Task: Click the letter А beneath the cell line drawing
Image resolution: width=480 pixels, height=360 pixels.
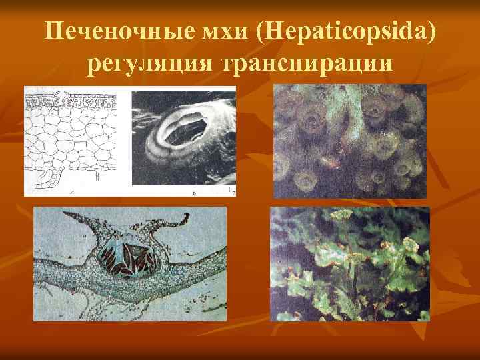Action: point(71,192)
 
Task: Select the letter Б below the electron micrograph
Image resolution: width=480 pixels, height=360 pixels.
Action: point(193,192)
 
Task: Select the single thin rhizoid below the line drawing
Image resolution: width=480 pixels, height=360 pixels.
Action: point(98,175)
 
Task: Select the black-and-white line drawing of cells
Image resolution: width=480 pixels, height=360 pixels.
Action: point(70,140)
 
